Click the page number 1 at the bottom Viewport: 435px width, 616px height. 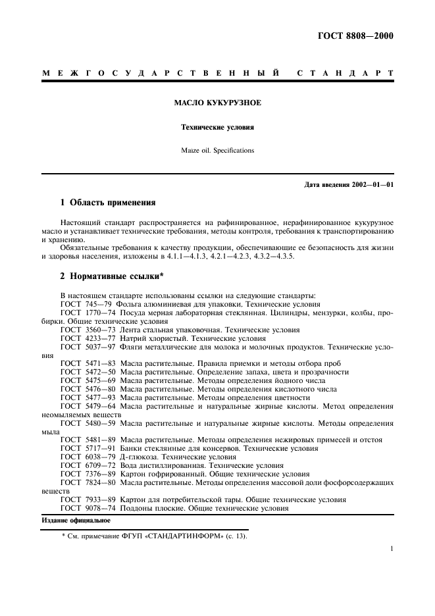[391, 548]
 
